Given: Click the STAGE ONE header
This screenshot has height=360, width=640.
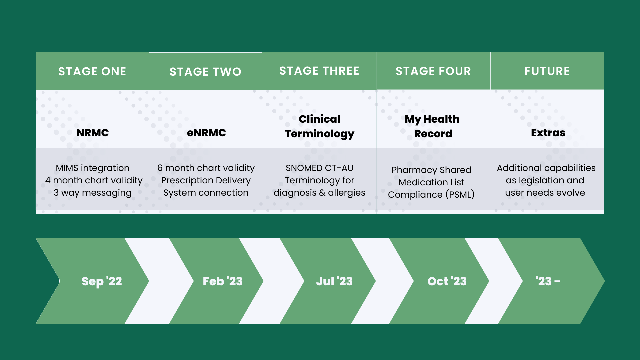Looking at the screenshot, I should click(92, 71).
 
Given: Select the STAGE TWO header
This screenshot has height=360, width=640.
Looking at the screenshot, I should click(205, 72).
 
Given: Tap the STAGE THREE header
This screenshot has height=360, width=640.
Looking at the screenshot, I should click(319, 71).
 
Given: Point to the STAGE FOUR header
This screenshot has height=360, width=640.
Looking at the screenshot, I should click(433, 71).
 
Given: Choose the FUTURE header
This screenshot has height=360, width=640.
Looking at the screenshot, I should click(547, 71).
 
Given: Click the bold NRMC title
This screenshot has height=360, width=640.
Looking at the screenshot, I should click(93, 133).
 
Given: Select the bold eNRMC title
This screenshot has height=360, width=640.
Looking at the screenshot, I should click(206, 133).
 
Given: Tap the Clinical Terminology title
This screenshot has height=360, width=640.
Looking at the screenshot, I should click(319, 126).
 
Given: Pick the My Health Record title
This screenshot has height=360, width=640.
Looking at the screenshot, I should click(432, 126).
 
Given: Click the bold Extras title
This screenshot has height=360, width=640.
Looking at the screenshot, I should click(548, 133).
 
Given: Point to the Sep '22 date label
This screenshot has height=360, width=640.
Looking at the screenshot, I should click(102, 281).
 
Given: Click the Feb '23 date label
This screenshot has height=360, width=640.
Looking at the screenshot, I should click(223, 281).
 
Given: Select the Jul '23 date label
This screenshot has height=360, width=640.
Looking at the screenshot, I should click(334, 281).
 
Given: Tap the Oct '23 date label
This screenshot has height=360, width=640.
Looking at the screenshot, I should click(447, 281).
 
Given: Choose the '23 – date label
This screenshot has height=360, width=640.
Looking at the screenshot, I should click(548, 281).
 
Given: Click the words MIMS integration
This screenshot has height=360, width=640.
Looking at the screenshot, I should click(93, 168).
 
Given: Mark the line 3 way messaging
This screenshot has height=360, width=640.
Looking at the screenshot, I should click(93, 193).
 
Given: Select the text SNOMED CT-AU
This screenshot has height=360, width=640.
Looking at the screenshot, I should click(319, 168).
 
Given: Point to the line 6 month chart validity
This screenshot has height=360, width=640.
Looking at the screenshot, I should click(206, 168).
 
